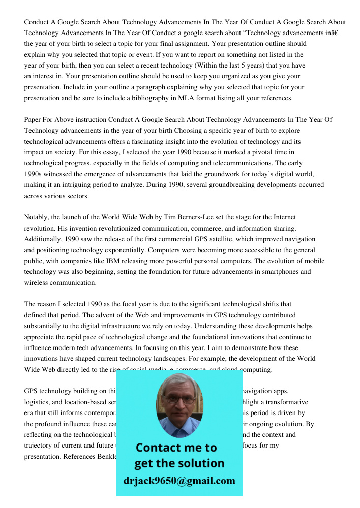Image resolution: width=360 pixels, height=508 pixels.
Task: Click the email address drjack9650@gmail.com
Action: click(x=179, y=481)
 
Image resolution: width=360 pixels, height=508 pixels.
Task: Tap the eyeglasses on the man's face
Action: click(x=178, y=399)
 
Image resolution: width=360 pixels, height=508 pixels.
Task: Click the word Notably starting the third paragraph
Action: click(x=36, y=217)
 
